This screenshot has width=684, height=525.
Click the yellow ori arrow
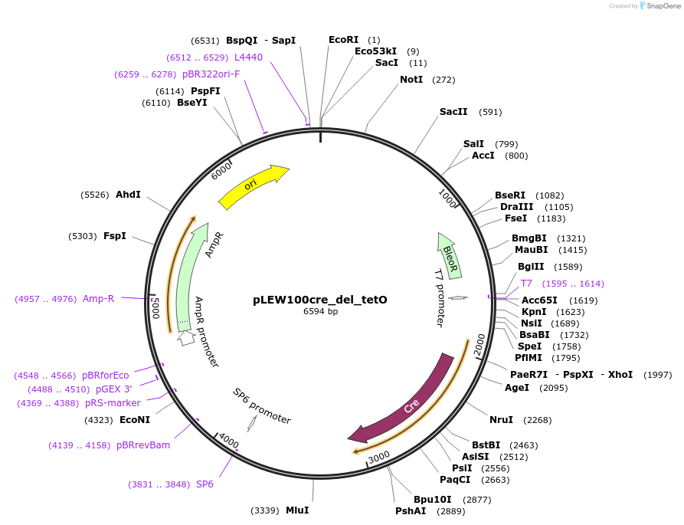click(x=253, y=186)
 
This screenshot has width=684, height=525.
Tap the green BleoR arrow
click(x=450, y=255)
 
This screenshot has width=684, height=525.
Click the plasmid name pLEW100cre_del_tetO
click(x=320, y=300)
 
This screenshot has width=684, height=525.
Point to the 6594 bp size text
click(x=320, y=311)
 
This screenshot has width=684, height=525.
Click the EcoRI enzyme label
click(x=343, y=40)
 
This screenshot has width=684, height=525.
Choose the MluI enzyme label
click(x=297, y=510)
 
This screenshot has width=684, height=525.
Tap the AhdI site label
click(x=128, y=195)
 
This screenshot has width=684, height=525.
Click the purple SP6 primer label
click(x=205, y=484)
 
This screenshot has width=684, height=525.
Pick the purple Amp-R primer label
click(x=98, y=299)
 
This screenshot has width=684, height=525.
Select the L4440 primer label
click(x=248, y=57)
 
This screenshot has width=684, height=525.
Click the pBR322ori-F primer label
click(x=211, y=74)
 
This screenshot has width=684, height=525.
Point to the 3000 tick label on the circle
click(x=379, y=457)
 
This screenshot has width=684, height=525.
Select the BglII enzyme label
click(x=531, y=267)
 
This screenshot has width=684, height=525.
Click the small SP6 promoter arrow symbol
click(x=252, y=432)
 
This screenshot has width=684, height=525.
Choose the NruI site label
click(x=502, y=420)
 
